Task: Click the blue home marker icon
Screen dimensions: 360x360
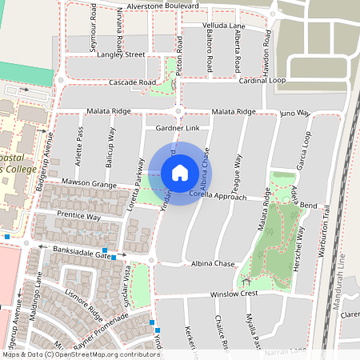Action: [180, 173]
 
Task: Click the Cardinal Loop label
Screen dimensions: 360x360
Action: [262, 81]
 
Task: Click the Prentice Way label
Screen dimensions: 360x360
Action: [78, 216]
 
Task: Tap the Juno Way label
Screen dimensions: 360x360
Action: [294, 114]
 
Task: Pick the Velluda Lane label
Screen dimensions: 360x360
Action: [224, 26]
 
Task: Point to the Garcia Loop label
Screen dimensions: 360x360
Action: [306, 150]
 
